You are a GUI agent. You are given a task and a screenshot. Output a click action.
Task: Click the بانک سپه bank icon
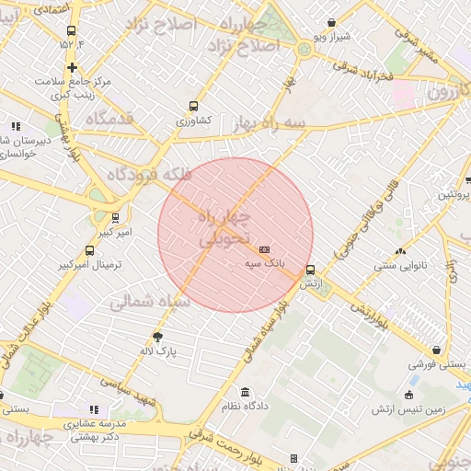(265, 249)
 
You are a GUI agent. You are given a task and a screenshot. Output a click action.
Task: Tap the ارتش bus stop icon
(311, 270)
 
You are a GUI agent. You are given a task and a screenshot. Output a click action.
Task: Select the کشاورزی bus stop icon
(193, 106)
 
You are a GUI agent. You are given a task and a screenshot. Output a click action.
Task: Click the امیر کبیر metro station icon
(115, 218)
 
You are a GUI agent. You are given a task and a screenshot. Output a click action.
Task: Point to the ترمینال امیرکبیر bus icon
(89, 250)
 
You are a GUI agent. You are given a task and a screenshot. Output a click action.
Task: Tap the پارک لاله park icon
(157, 337)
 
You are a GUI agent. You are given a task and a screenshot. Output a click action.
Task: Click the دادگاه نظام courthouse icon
(245, 392)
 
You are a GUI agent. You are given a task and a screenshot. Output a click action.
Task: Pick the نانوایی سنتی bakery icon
(400, 249)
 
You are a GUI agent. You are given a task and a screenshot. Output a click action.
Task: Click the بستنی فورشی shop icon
(448, 350)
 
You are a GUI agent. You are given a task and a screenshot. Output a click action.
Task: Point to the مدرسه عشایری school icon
(93, 409)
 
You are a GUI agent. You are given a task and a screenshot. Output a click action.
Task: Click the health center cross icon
(72, 67)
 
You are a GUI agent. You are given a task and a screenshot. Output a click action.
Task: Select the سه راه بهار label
(270, 124)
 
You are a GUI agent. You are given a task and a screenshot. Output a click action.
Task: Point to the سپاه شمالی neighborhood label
(150, 302)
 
